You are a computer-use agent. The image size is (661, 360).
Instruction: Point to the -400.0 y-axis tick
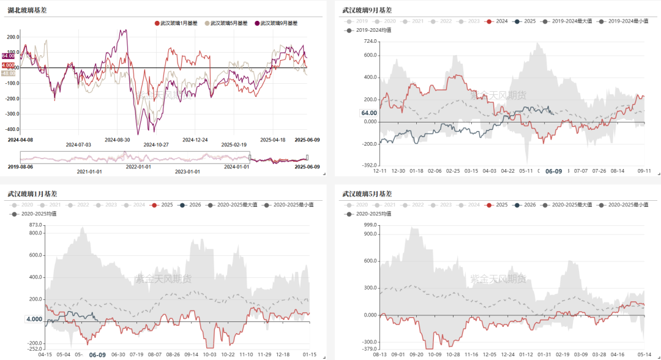[x=13, y=129]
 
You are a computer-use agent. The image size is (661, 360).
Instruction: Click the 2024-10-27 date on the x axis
[x=156, y=145]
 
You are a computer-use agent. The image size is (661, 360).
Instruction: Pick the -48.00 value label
[x=9, y=73]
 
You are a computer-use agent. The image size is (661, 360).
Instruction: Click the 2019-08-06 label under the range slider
[x=20, y=167]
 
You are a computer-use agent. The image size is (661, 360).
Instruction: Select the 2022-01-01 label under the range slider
[x=138, y=167]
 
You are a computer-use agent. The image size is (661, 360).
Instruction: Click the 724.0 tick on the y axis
[x=369, y=42]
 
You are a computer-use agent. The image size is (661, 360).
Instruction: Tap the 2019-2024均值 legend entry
[x=372, y=30]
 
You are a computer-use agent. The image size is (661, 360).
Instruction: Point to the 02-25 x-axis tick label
[x=454, y=171]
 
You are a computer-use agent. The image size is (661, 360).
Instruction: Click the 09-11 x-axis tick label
[x=644, y=171]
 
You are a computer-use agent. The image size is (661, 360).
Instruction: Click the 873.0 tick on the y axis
[x=35, y=226]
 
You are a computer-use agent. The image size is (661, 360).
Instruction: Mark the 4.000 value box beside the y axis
[x=34, y=319]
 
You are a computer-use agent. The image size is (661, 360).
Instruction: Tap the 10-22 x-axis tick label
[x=228, y=354]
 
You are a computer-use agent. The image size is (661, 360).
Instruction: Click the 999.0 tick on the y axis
[x=369, y=226]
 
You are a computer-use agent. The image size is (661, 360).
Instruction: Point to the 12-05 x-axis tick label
[x=490, y=354]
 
